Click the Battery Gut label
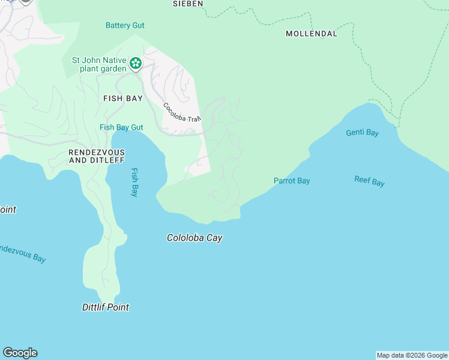[x=125, y=26]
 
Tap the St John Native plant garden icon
[x=136, y=63]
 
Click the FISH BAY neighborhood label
[x=122, y=98]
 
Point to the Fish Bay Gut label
[x=121, y=127]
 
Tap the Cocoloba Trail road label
[x=181, y=112]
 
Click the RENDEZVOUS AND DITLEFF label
[x=96, y=157]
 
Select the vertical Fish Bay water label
[x=135, y=182]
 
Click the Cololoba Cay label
[x=194, y=238]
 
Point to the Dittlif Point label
[x=105, y=307]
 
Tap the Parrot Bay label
[x=292, y=181]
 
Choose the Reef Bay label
[x=369, y=181]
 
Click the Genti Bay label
[x=362, y=133]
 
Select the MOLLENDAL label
[x=311, y=34]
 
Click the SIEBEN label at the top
[x=188, y=4]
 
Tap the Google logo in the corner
[x=20, y=353]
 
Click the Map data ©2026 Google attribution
[x=412, y=355]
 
